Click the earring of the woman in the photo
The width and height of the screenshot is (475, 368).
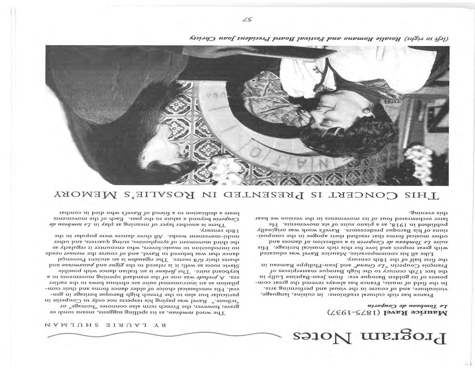coord(367,110)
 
